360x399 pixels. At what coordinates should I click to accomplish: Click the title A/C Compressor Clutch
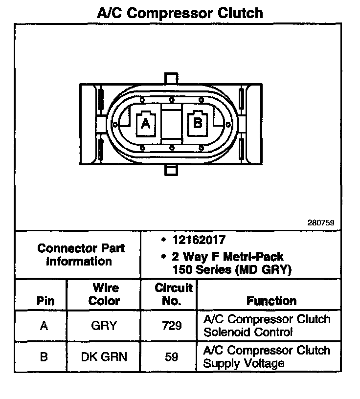(180, 12)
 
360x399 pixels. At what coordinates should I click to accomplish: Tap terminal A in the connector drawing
(145, 124)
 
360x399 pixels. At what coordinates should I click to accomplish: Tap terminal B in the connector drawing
(198, 122)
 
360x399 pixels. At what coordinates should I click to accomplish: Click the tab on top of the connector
(171, 79)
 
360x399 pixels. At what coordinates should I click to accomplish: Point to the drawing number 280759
(320, 222)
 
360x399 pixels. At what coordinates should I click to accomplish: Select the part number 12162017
(199, 240)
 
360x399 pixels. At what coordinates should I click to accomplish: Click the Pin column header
(45, 301)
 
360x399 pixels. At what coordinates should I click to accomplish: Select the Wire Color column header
(104, 294)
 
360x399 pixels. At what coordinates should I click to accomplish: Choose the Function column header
(271, 301)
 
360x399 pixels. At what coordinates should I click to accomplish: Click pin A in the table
(44, 326)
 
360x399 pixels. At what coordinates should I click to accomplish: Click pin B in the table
(44, 357)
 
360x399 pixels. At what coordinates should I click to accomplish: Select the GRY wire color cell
(104, 326)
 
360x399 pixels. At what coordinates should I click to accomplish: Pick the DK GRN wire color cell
(104, 357)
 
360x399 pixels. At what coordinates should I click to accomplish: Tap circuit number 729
(171, 326)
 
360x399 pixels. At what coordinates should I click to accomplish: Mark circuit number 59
(171, 357)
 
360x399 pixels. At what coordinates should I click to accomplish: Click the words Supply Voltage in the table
(244, 363)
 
